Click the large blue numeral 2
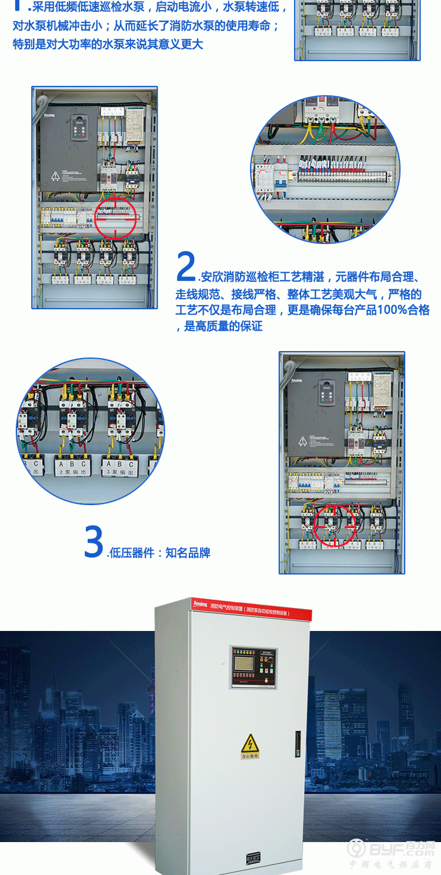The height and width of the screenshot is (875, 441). [186, 266]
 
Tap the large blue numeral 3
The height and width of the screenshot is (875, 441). [94, 542]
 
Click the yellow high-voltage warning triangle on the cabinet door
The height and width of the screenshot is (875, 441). [250, 744]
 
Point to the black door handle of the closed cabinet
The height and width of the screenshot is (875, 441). [298, 743]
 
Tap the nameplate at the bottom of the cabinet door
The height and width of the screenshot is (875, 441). [253, 857]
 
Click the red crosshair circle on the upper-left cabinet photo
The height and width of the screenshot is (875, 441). [116, 217]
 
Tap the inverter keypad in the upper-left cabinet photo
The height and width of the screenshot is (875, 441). [79, 128]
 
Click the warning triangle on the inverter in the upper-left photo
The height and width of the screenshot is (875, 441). [55, 175]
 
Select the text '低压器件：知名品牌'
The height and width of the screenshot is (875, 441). [159, 553]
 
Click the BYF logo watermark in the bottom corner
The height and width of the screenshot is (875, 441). [391, 849]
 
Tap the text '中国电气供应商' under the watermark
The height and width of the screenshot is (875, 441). [391, 864]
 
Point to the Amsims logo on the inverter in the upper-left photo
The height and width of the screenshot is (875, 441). [48, 115]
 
